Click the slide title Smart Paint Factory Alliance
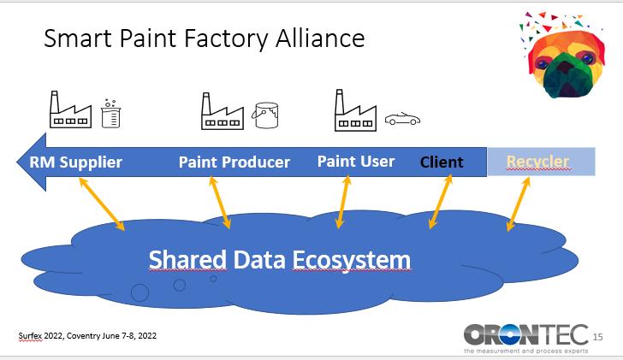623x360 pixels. click(204, 38)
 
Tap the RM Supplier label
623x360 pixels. click(75, 162)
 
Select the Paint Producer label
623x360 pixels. click(234, 162)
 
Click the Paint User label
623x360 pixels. click(356, 161)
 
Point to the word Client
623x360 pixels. click(442, 162)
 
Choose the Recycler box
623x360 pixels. click(540, 161)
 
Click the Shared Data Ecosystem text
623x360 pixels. click(279, 259)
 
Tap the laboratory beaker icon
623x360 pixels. click(109, 114)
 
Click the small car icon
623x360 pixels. click(401, 119)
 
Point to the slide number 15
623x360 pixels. click(597, 336)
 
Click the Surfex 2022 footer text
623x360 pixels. click(86, 335)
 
